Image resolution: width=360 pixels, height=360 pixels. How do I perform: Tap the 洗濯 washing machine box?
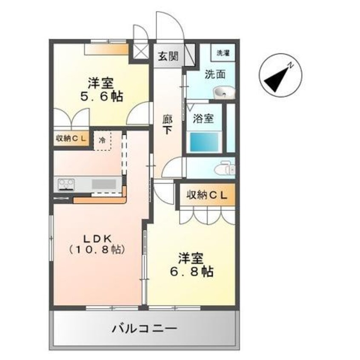click(223, 53)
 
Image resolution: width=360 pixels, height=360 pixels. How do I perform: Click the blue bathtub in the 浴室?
click(203, 142)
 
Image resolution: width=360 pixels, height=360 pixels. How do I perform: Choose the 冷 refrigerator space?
click(102, 139)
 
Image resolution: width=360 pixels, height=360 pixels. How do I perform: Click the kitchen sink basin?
click(103, 184)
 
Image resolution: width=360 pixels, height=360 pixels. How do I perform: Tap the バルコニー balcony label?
click(144, 329)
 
